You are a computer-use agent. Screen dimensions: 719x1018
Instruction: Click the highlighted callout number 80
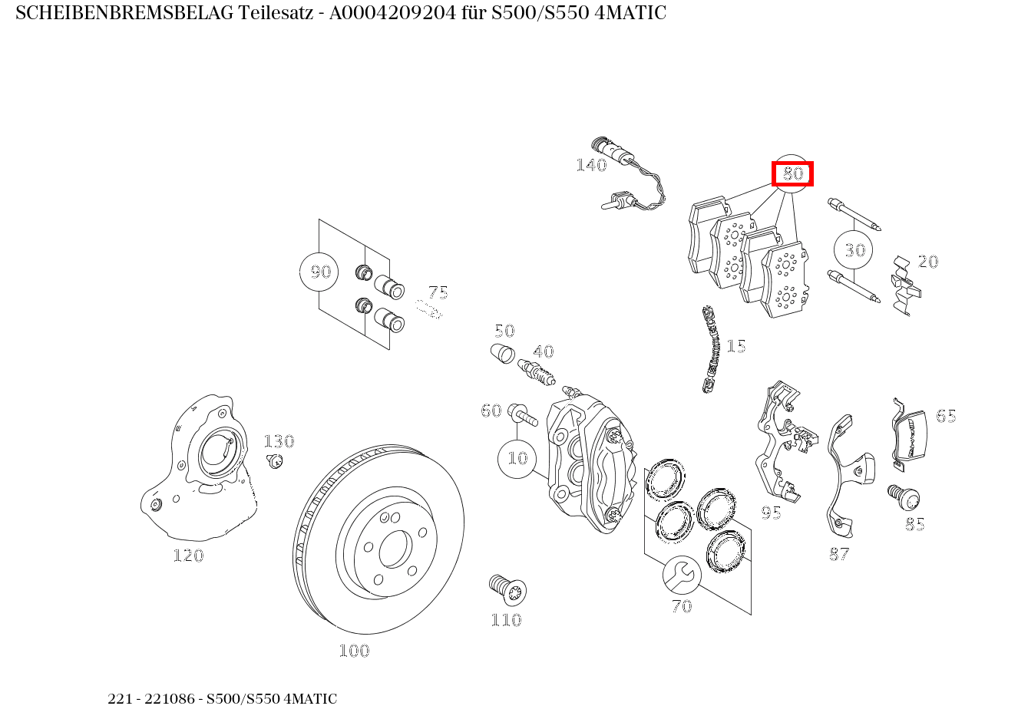(x=792, y=174)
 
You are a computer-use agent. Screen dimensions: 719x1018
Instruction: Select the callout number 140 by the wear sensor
(x=591, y=165)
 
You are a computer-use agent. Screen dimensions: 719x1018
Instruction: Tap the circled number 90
(x=319, y=272)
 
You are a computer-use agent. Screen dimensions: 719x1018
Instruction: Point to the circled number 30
(x=854, y=249)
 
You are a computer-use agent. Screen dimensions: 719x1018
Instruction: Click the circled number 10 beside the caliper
(x=517, y=458)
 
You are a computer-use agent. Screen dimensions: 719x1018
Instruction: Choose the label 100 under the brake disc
(x=354, y=651)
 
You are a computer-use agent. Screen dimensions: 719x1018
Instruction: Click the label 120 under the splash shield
(x=188, y=556)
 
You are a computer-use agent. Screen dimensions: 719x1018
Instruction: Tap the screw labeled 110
(x=507, y=589)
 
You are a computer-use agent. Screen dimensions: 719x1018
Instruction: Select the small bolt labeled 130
(x=274, y=460)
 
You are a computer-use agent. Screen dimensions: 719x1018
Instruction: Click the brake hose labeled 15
(x=712, y=349)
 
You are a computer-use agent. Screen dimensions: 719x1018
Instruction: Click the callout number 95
(x=771, y=513)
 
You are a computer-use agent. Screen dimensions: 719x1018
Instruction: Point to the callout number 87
(x=839, y=554)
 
